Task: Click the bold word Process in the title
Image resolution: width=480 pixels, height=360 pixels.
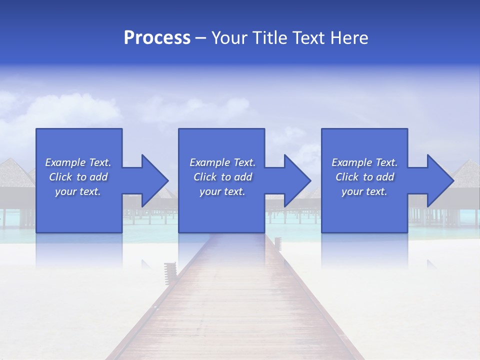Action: pyautogui.click(x=157, y=38)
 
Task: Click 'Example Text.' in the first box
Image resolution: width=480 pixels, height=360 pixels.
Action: pyautogui.click(x=78, y=162)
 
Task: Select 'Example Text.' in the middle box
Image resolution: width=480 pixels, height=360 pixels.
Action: pyautogui.click(x=222, y=162)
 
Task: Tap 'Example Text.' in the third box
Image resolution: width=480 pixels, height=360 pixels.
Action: pyautogui.click(x=364, y=162)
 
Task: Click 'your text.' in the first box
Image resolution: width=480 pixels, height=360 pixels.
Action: pyautogui.click(x=78, y=191)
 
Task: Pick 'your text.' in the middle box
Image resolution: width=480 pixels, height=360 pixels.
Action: pyautogui.click(x=222, y=191)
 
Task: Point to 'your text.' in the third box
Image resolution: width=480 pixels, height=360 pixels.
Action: pyautogui.click(x=364, y=191)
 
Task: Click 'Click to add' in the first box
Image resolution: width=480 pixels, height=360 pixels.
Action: pyautogui.click(x=78, y=177)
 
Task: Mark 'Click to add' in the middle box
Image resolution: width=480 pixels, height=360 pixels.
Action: pyautogui.click(x=222, y=177)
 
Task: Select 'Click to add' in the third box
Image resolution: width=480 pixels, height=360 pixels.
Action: pyautogui.click(x=364, y=177)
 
